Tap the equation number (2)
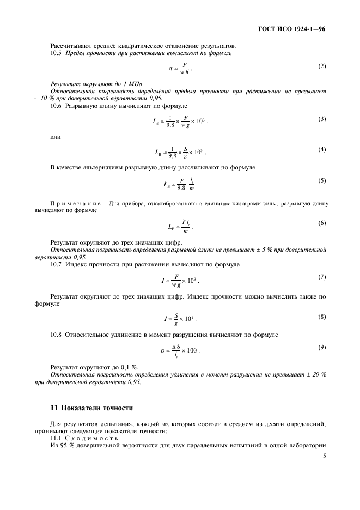click(x=322, y=66)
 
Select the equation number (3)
click(x=322, y=119)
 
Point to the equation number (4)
click(x=322, y=149)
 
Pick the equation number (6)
click(x=322, y=223)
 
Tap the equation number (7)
click(x=322, y=277)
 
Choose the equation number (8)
click(x=322, y=317)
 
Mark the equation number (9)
click(x=322, y=347)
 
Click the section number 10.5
click(x=57, y=53)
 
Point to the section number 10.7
click(x=57, y=264)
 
